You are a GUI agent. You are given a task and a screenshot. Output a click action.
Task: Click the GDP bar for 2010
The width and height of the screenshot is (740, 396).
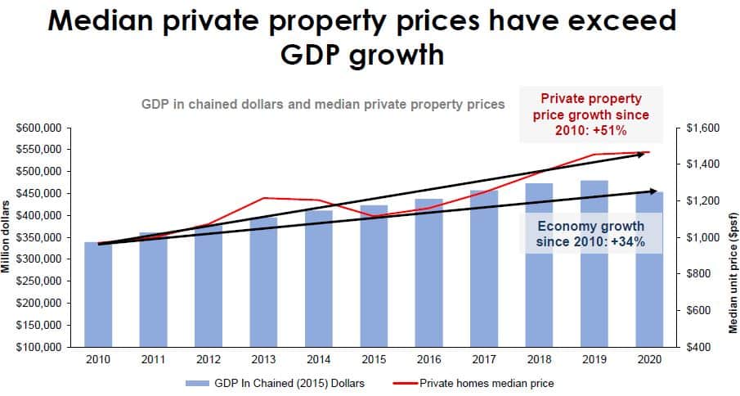pos(98,295)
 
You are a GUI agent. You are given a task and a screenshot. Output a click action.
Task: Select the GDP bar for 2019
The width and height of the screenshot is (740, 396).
pos(594,263)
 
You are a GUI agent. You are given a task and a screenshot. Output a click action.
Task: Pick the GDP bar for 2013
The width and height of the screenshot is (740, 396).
pos(263,282)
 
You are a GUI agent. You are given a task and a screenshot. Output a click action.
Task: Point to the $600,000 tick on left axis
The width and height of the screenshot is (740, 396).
pos(38,128)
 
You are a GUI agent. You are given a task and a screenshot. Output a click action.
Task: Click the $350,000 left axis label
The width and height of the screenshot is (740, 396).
pos(38,237)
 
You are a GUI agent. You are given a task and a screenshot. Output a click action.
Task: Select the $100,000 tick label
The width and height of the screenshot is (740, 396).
pos(38,347)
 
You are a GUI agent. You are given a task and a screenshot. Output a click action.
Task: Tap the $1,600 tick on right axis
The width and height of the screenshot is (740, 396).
pos(703,128)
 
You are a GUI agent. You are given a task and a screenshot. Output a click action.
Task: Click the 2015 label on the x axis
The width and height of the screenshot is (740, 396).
pos(374,360)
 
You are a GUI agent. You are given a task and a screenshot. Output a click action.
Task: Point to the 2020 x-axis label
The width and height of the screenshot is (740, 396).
pos(649,360)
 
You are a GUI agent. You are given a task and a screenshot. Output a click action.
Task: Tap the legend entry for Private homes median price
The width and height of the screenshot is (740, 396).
pos(473,383)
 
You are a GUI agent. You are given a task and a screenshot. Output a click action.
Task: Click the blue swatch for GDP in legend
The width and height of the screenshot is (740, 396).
pos(197,383)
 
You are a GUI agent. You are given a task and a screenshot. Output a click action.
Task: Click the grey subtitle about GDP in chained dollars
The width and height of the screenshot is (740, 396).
pos(323,104)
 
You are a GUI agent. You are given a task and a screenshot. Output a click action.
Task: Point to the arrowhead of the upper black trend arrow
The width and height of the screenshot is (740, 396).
pos(642,154)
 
